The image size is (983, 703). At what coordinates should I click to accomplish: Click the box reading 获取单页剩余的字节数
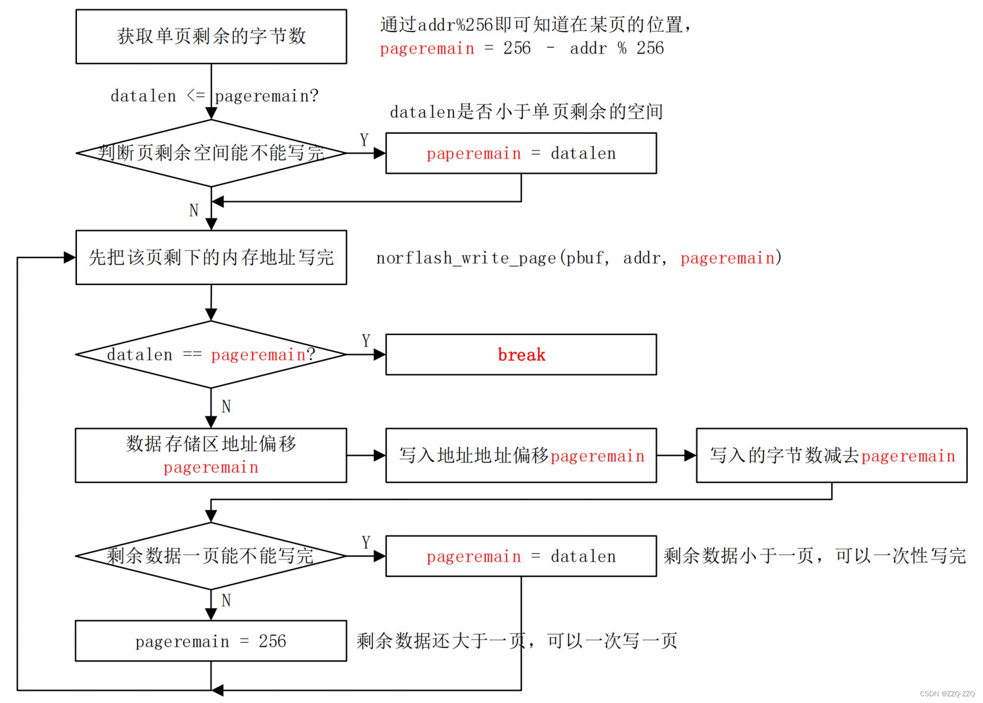coord(211,37)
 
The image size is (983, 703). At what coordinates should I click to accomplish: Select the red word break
coord(521,355)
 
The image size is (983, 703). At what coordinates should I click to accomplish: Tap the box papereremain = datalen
coord(521,153)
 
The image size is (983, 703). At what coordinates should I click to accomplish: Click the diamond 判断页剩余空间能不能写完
coord(211,153)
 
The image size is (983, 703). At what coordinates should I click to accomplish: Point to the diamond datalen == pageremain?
coord(211,355)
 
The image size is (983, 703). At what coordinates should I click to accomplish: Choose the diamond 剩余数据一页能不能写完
coord(211,556)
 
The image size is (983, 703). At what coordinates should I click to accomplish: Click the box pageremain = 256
coord(211,641)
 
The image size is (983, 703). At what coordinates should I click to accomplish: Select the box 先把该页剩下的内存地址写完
coord(211,257)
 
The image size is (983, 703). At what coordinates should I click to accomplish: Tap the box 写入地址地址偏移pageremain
coord(521,455)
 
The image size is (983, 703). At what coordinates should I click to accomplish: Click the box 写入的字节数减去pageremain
coord(831,455)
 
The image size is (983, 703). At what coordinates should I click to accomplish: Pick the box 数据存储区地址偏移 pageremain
coord(211,455)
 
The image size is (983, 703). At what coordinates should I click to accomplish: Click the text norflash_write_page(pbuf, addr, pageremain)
coord(579,258)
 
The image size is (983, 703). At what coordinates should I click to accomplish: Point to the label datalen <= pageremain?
coord(214,96)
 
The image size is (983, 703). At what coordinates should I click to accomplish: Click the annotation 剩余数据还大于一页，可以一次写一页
coord(517,641)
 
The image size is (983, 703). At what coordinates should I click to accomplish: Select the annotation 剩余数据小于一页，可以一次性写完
coord(814,556)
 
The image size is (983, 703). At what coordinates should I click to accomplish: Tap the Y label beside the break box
coord(366,341)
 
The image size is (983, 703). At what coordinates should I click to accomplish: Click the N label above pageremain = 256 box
coord(226,601)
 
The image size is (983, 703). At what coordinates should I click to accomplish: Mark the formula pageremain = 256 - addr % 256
coord(521,48)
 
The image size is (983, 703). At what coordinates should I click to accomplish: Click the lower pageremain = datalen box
coord(521,556)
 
